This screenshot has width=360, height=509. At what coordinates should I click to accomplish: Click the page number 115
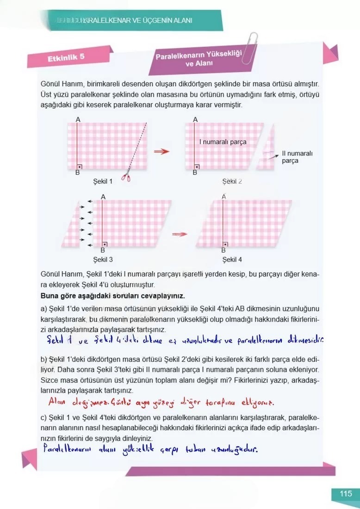(346, 494)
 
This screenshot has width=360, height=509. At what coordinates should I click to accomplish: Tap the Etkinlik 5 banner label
(66, 58)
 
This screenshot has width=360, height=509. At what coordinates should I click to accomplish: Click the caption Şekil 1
(103, 181)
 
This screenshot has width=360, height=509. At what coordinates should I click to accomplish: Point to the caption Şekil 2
(232, 181)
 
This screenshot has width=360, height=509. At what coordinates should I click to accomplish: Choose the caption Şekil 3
(103, 260)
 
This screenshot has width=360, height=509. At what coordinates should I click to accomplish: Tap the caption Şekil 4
(232, 260)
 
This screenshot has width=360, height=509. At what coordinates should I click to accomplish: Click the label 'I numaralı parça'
(223, 142)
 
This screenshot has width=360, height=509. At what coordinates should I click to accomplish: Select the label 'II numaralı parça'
(297, 157)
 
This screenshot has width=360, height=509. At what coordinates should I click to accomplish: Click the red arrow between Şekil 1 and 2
(161, 152)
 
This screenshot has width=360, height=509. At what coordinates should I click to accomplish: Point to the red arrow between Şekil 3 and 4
(180, 234)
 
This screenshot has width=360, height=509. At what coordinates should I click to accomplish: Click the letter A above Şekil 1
(78, 119)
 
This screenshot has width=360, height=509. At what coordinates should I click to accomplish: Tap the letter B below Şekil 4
(223, 250)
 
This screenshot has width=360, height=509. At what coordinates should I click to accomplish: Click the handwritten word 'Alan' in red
(57, 401)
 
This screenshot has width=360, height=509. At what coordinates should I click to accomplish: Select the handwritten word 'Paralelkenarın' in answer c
(67, 449)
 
